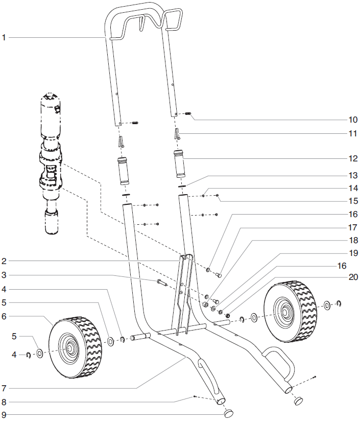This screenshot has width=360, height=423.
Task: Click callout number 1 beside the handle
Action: (x=4, y=37)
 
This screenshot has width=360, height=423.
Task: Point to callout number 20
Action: (x=353, y=277)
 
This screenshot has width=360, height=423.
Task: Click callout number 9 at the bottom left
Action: (x=4, y=414)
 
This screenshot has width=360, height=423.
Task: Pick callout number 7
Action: (x=4, y=388)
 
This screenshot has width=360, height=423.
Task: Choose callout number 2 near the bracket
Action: (x=4, y=261)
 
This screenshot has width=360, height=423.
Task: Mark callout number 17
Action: (x=353, y=227)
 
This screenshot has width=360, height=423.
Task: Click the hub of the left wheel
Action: (x=68, y=348)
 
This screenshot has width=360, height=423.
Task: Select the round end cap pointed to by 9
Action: (x=229, y=411)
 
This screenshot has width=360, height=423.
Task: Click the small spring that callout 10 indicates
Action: (x=187, y=113)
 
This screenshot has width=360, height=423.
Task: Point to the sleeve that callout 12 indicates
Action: (x=180, y=162)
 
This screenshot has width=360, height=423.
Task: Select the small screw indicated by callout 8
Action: (x=195, y=396)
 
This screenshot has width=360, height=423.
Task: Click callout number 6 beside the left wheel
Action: (x=4, y=316)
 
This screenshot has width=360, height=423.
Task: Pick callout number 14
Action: (x=353, y=187)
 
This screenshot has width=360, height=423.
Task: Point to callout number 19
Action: (x=353, y=253)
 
